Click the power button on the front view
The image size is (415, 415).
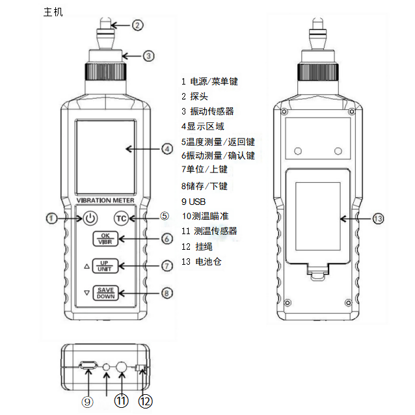tap(90, 218)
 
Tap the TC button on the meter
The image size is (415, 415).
tap(120, 218)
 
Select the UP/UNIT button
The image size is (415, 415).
tap(105, 265)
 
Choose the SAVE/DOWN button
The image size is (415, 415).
tap(105, 293)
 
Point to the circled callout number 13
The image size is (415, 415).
tap(379, 219)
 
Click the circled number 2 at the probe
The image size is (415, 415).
tap(137, 25)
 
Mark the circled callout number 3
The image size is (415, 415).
tap(148, 56)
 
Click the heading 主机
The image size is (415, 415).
tap(53, 12)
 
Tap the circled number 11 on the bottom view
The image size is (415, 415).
tap(121, 401)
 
